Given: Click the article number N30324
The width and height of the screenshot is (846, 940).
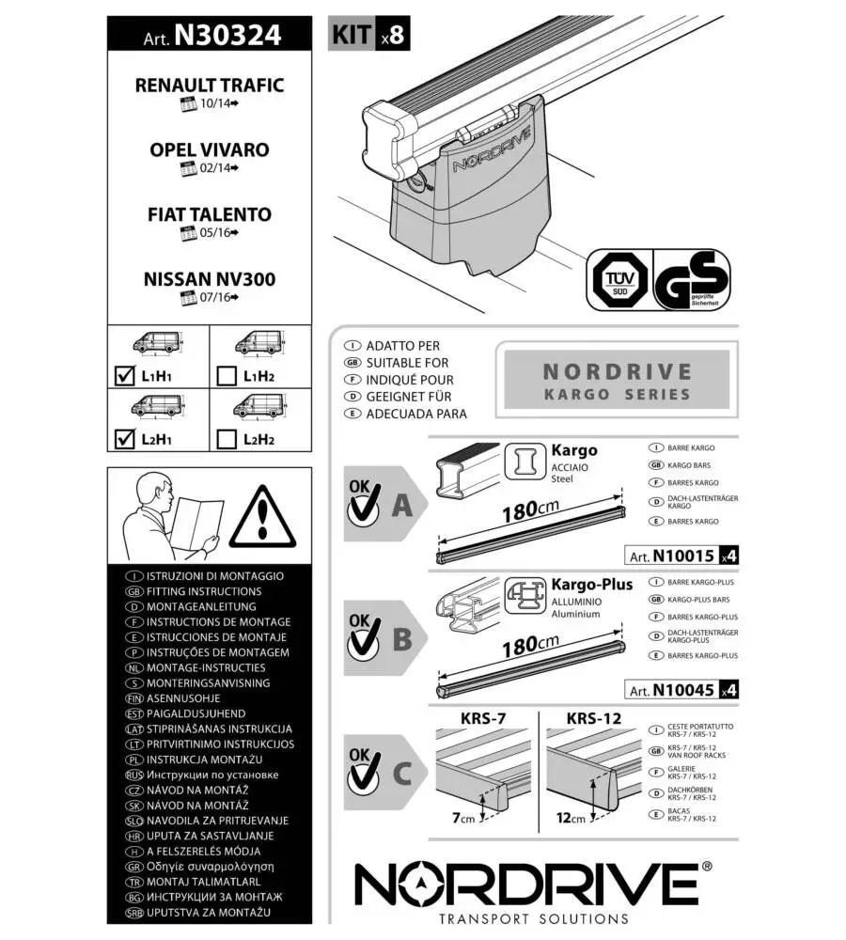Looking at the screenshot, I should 227,36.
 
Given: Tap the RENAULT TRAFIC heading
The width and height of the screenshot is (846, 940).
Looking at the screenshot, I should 209,85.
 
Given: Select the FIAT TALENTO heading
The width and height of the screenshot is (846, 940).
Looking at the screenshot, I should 209,214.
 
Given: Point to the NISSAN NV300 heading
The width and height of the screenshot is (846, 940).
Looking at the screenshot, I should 209,279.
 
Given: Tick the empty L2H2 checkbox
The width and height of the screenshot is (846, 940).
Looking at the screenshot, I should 226,438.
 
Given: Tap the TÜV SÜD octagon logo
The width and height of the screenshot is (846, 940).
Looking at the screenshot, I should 617,280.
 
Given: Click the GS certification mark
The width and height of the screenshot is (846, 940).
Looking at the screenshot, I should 693,280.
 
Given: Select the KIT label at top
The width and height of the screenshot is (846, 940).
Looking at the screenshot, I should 352,36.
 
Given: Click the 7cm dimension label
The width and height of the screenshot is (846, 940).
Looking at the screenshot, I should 463,818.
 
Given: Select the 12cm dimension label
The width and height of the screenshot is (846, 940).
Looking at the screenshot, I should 571,818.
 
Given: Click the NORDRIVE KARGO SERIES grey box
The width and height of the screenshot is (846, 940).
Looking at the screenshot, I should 617,382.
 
